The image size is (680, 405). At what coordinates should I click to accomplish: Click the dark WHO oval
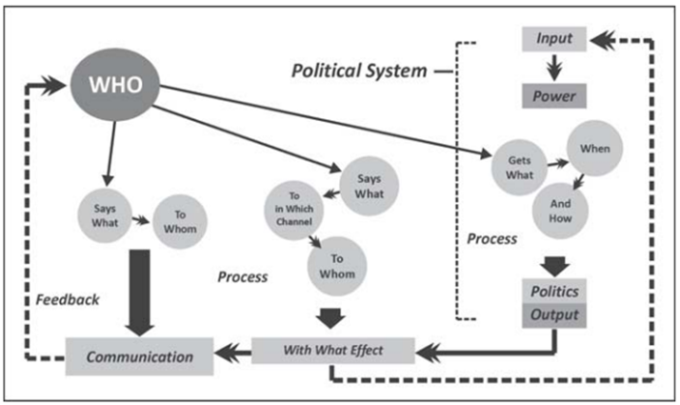tap(116, 84)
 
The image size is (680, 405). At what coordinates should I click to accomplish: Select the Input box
tap(553, 40)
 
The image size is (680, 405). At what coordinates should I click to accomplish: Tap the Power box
tap(553, 96)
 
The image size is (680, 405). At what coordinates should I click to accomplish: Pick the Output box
tap(553, 314)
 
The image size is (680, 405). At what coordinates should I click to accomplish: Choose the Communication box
tap(140, 357)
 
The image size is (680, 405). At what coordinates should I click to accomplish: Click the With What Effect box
tap(333, 351)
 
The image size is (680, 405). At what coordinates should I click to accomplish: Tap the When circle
tap(595, 151)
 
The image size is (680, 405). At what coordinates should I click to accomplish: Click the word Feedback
tap(68, 299)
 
